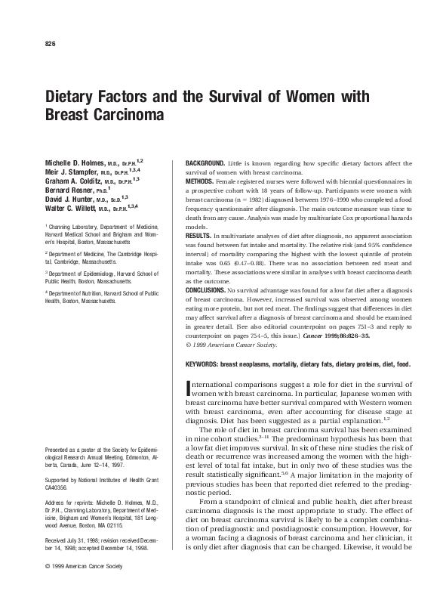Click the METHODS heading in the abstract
(x=197, y=182)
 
